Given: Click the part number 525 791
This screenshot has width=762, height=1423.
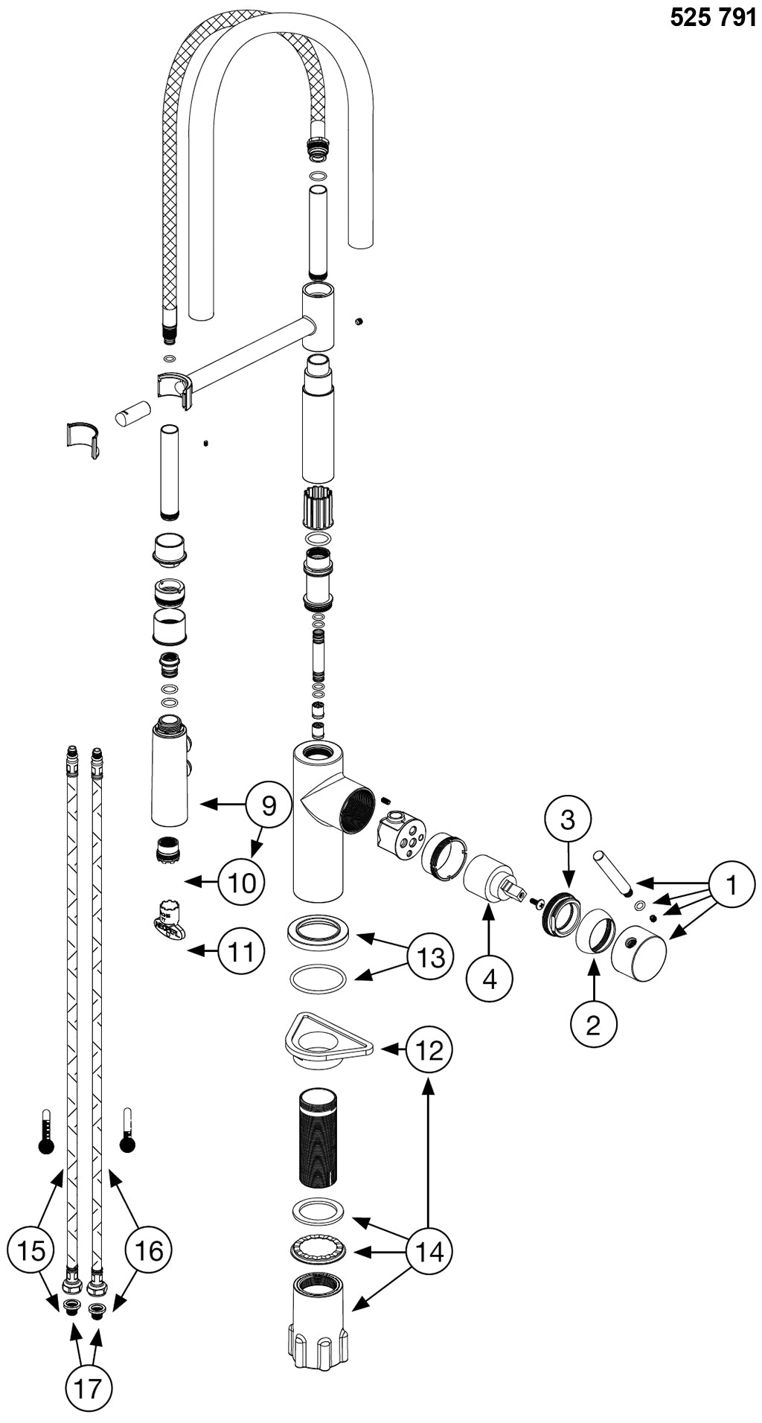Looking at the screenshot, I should [x=712, y=17].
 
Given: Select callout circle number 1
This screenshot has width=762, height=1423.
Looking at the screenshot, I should [x=731, y=886].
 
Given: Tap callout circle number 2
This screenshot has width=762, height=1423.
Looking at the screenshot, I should [x=593, y=1025].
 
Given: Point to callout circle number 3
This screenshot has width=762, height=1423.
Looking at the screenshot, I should [x=568, y=819].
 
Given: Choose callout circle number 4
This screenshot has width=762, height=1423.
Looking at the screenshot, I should [x=489, y=979].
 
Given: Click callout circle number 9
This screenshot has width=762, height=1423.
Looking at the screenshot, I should [x=269, y=805].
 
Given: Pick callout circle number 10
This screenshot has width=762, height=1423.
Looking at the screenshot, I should [x=242, y=883].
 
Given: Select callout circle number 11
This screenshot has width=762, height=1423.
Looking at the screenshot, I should [x=242, y=950].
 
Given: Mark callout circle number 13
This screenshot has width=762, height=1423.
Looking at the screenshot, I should [x=431, y=957].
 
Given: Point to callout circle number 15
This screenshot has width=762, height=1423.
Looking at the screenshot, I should [x=31, y=1250].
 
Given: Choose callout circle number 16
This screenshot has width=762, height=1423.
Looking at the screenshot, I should [x=148, y=1250].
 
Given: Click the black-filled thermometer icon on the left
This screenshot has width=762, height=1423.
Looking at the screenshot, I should [x=46, y=1131].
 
